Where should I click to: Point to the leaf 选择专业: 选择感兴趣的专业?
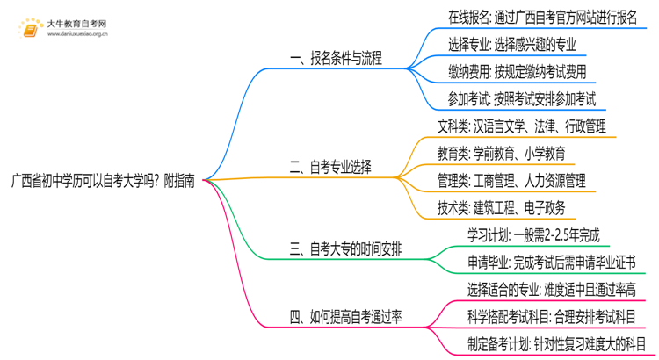[511, 44]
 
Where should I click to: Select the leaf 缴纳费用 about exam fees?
[511, 72]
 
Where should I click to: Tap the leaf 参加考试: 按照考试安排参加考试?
[517, 99]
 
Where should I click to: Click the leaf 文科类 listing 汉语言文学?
[521, 127]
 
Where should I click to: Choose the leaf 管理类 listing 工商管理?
[511, 181]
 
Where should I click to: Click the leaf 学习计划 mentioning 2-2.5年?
[533, 234]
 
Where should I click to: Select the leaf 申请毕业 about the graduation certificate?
[552, 263]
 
